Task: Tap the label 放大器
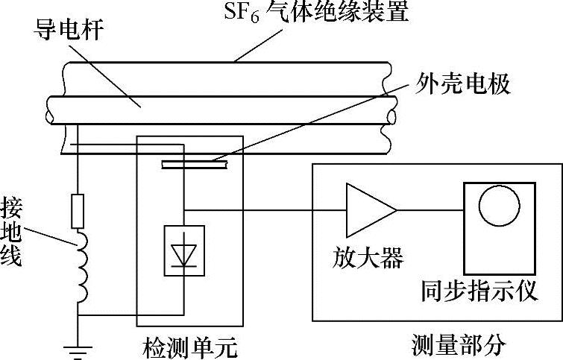pyautogui.click(x=367, y=259)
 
